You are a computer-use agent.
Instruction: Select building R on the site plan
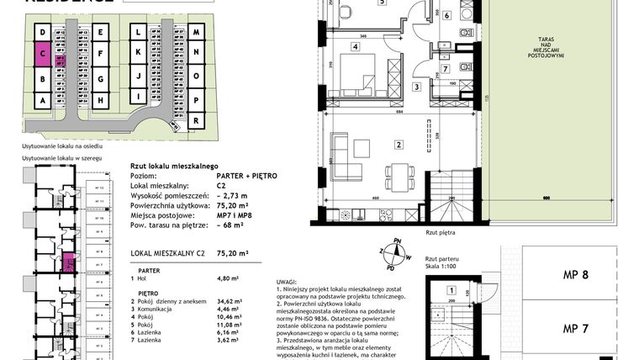[x=195, y=120]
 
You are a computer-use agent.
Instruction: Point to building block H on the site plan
[x=100, y=100]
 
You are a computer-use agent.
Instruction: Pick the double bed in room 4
[x=367, y=82]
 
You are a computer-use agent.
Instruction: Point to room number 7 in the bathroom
[x=446, y=68]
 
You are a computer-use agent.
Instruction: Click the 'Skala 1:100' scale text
[x=441, y=267]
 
